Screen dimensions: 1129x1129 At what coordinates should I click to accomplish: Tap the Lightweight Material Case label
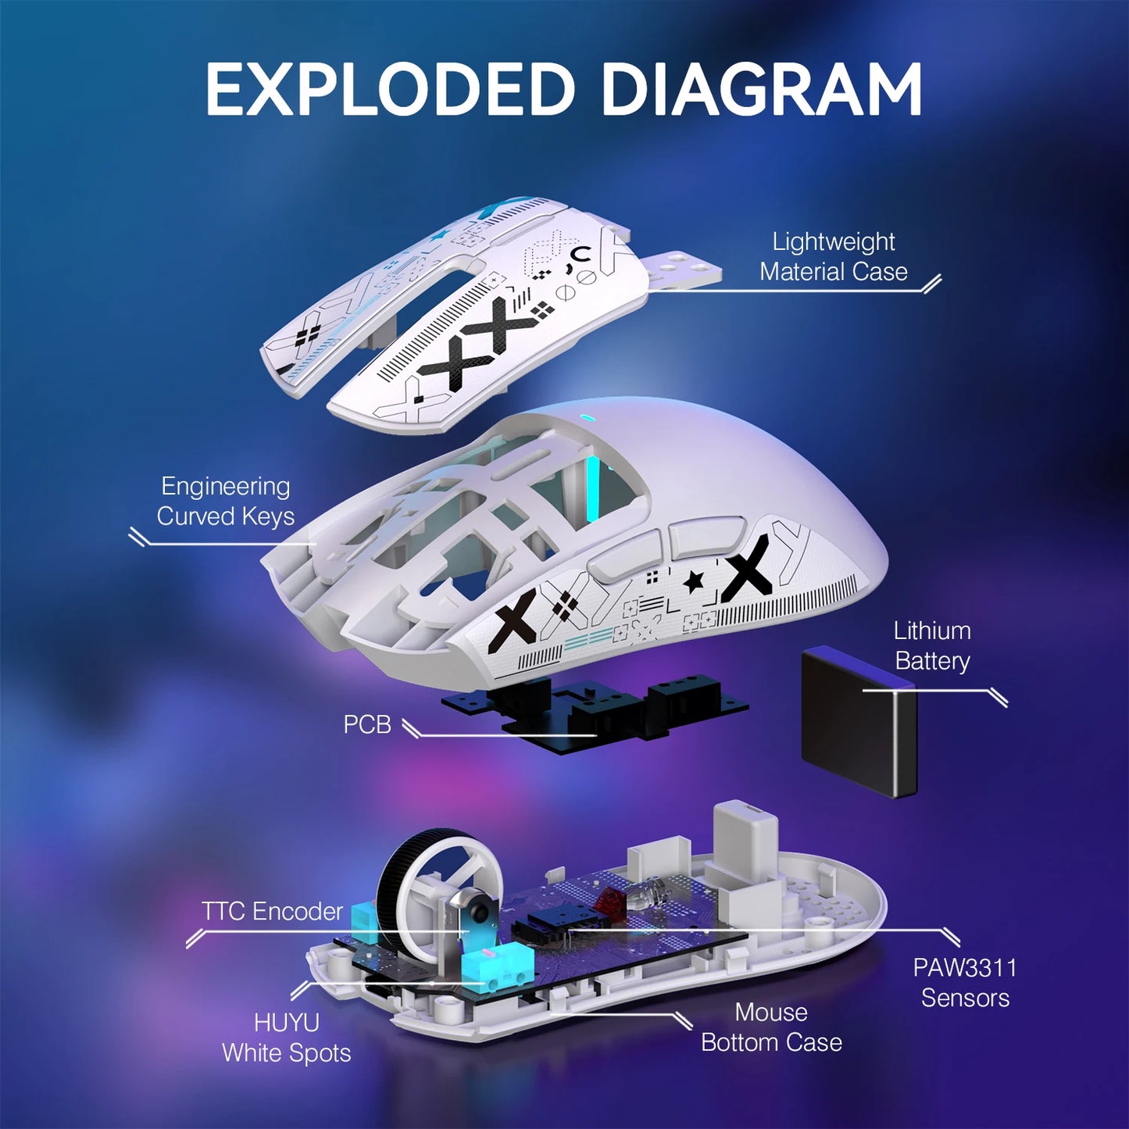click(834, 256)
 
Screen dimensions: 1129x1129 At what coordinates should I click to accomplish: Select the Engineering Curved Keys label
click(225, 501)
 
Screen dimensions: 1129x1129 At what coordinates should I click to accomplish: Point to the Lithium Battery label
click(932, 645)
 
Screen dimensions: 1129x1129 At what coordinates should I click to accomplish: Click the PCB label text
click(367, 724)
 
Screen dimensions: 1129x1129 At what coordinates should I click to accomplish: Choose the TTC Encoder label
click(272, 911)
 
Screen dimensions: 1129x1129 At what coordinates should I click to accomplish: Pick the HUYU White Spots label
click(286, 1038)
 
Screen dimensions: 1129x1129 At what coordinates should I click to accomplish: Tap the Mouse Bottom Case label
click(771, 1027)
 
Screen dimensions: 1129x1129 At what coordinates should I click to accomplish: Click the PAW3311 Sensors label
click(965, 982)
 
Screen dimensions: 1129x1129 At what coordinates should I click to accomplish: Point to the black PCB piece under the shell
click(594, 707)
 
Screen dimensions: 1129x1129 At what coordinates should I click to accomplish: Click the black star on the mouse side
click(692, 581)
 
